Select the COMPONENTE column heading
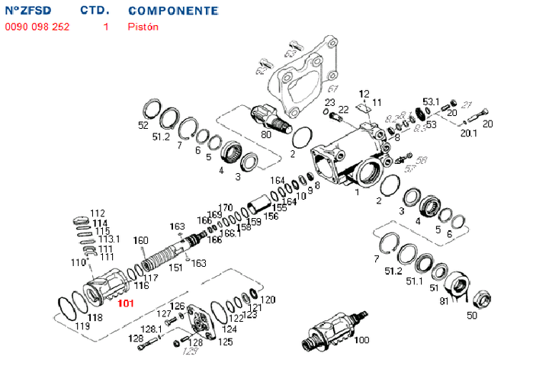pyautogui.click(x=173, y=11)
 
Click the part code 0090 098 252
pyautogui.click(x=36, y=27)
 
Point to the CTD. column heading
pyautogui.click(x=95, y=11)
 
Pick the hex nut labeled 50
pyautogui.click(x=481, y=297)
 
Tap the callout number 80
pyautogui.click(x=266, y=135)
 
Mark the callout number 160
pyautogui.click(x=140, y=241)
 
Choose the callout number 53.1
pyautogui.click(x=432, y=101)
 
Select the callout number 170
pyautogui.click(x=225, y=207)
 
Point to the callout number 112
pyautogui.click(x=98, y=213)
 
